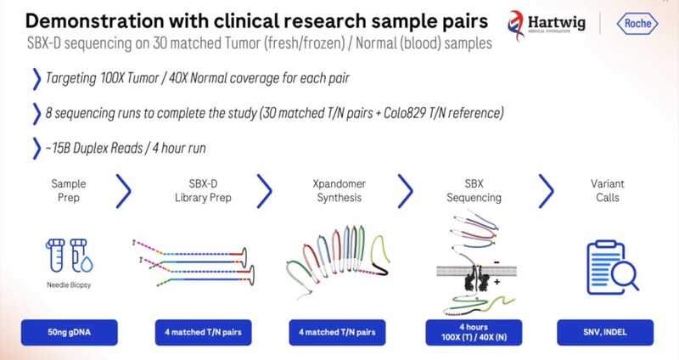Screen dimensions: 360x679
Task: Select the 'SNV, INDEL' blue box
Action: [604, 331]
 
